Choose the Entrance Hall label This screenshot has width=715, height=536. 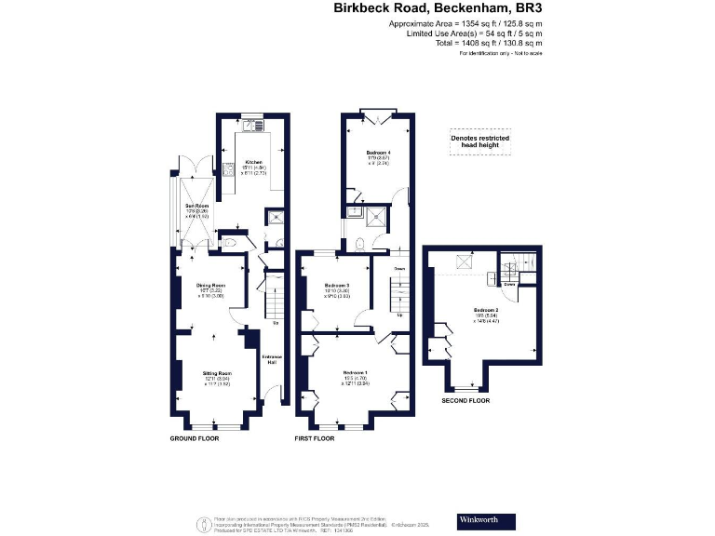[x=273, y=359]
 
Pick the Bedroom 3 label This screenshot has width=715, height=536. [x=336, y=285]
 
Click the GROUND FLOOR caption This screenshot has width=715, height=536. [x=194, y=437]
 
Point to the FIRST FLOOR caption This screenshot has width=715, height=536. [x=315, y=437]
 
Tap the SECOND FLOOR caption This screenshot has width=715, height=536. [x=465, y=401]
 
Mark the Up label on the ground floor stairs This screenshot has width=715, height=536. [x=276, y=323]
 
